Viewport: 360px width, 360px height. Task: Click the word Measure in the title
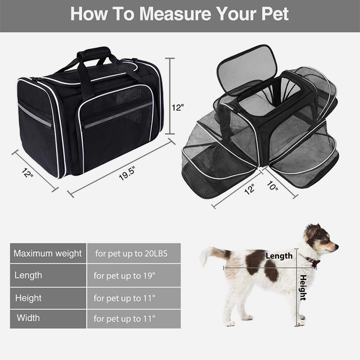tap(175, 14)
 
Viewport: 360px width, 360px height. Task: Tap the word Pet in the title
tap(275, 14)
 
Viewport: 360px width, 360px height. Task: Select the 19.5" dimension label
tap(127, 173)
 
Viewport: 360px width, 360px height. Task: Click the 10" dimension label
tap(273, 185)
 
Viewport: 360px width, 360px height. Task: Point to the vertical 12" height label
tap(178, 108)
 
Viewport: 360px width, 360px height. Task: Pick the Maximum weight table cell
tap(48, 253)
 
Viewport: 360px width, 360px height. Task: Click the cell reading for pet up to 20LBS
tap(134, 253)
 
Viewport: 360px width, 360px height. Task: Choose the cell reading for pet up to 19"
tap(134, 275)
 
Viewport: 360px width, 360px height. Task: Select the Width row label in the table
tap(28, 318)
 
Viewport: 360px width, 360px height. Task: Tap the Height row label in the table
tap(28, 298)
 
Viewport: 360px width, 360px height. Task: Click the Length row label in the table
tap(28, 275)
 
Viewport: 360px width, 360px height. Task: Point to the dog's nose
tap(336, 247)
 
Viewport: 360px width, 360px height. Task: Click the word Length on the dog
tap(279, 256)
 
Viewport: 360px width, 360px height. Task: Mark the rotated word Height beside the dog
tap(303, 288)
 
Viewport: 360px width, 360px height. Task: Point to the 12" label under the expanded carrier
tap(249, 189)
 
